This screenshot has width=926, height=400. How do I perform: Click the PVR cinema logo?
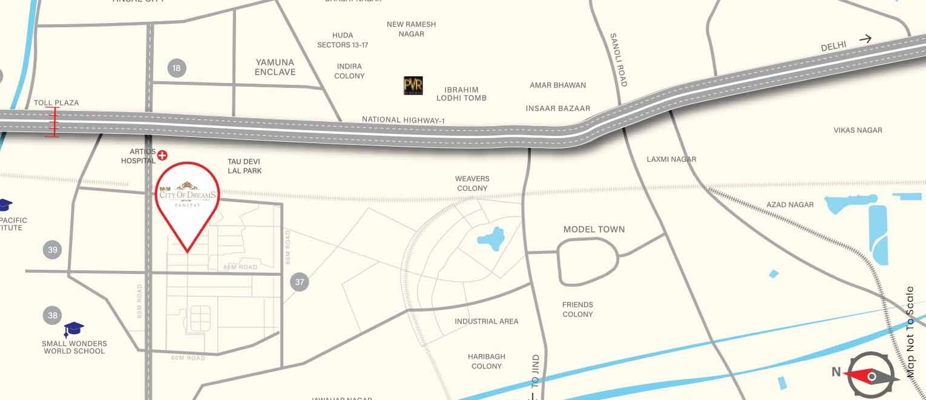[413, 85]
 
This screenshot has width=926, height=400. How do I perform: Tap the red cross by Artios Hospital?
[162, 156]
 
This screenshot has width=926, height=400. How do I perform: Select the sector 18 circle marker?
[176, 68]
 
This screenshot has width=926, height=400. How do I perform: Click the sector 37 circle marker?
[300, 281]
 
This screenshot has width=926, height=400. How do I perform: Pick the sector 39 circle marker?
[53, 250]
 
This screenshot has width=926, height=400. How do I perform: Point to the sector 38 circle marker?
[53, 315]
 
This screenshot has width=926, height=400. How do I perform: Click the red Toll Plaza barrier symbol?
[53, 122]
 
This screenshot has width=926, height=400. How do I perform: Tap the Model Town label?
[594, 229]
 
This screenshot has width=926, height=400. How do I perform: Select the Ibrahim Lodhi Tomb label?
[461, 93]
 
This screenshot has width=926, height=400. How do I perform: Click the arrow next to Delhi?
[865, 39]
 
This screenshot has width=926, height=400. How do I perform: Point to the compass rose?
[872, 376]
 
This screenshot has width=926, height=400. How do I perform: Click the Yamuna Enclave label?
[275, 67]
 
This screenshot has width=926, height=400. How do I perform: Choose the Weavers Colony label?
[472, 184]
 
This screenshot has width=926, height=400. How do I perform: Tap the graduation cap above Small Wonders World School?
[74, 330]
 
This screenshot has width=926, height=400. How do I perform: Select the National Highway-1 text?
[403, 120]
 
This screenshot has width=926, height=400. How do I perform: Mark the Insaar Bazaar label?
[558, 108]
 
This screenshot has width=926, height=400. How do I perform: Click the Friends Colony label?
[577, 309]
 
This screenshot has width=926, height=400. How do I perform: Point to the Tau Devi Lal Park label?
[245, 166]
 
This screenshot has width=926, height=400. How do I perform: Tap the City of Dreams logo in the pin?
[186, 193]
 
